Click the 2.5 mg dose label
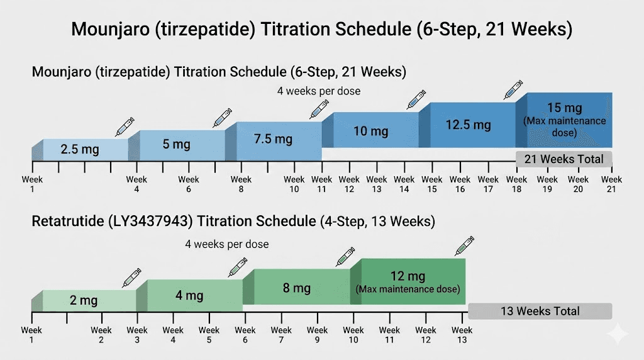click(x=80, y=150)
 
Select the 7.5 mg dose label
click(x=273, y=138)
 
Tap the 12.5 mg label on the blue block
click(x=468, y=125)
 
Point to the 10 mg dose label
click(x=370, y=132)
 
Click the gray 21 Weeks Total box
click(x=563, y=159)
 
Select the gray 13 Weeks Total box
click(x=540, y=311)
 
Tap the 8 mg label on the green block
click(x=297, y=288)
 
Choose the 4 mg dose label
click(x=189, y=295)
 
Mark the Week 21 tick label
click(x=611, y=184)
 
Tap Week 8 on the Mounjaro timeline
click(x=241, y=184)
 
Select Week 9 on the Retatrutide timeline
click(x=318, y=334)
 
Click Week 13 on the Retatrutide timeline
click(x=462, y=334)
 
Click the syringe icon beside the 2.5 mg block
click(x=125, y=127)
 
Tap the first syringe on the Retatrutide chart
click(x=131, y=278)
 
